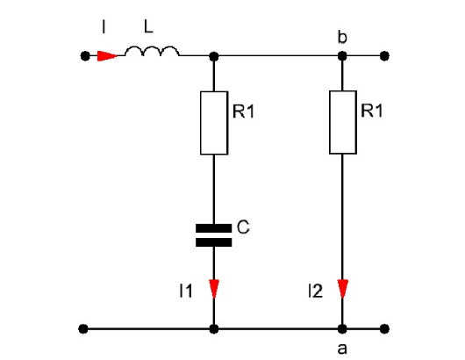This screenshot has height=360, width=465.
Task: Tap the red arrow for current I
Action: [x=107, y=56]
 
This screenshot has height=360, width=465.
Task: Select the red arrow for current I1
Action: [x=214, y=289]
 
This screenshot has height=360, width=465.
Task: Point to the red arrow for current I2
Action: [x=343, y=289]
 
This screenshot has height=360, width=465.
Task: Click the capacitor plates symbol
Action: [x=214, y=235]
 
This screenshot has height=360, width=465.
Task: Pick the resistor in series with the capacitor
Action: [x=214, y=123]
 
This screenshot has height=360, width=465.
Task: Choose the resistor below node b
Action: [x=343, y=122]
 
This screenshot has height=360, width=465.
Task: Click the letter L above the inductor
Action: [x=148, y=26]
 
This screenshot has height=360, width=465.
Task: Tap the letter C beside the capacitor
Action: [x=243, y=227]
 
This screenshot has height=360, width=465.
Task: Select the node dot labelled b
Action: [x=342, y=56]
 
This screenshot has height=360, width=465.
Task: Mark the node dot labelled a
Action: [x=342, y=329]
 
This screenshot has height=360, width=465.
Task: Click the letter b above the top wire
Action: [x=342, y=38]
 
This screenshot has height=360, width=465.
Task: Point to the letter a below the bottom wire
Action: [x=342, y=349]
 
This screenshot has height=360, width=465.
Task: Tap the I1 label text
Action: [x=186, y=291]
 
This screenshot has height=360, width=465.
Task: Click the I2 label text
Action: [x=316, y=291]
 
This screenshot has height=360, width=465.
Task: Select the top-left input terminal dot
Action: [x=85, y=56]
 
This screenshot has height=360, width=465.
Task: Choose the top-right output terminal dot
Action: [x=384, y=56]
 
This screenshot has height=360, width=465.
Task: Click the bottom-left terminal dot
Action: [x=83, y=329]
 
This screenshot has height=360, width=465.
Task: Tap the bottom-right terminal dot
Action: [x=384, y=329]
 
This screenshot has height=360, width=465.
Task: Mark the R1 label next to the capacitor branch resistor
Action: [x=244, y=112]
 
